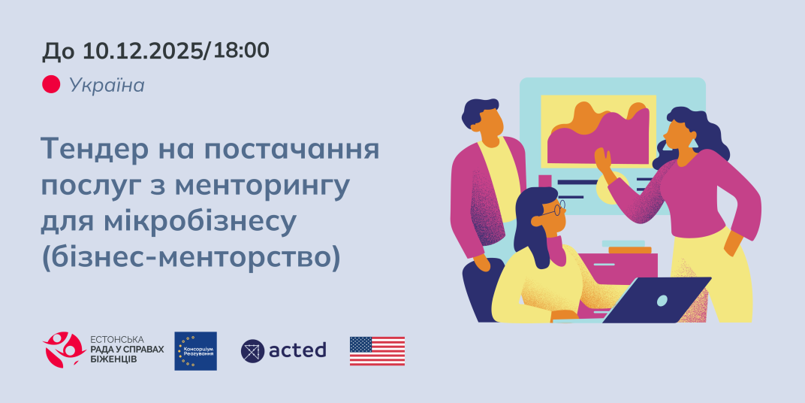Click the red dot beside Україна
(50, 85)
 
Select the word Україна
(107, 85)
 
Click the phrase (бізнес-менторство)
(191, 256)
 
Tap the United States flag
(377, 350)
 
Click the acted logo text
(297, 350)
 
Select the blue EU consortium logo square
(195, 350)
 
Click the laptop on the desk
(657, 300)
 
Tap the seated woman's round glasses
(554, 209)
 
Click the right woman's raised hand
(602, 159)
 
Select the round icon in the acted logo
(252, 350)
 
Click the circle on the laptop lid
(662, 300)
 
